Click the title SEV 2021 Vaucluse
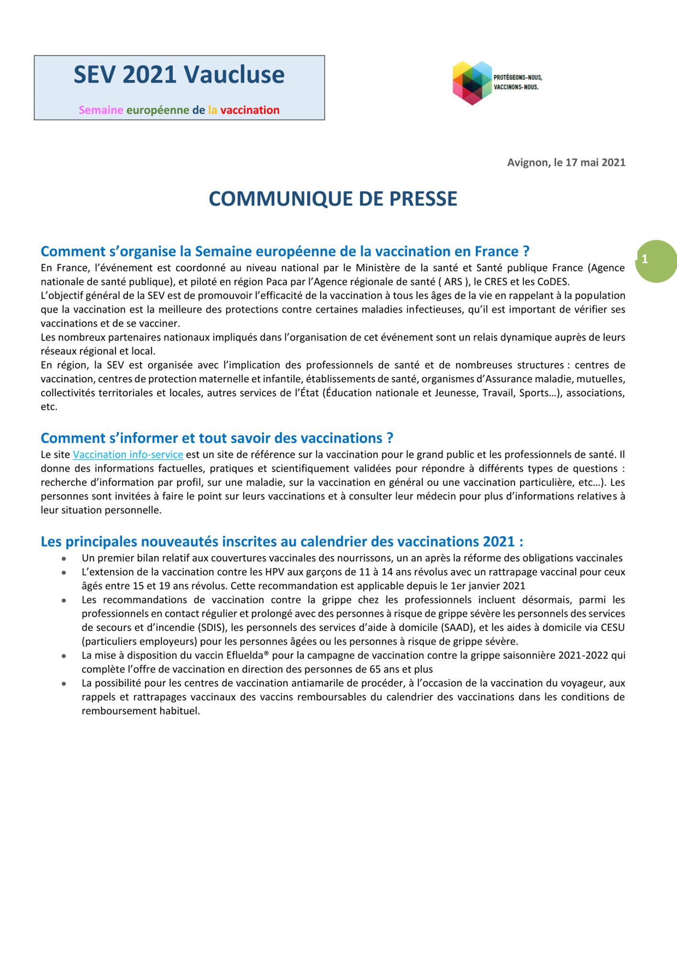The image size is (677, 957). [179, 75]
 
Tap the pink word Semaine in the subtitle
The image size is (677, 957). [101, 110]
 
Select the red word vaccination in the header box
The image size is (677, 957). [250, 110]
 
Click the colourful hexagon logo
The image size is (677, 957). [472, 83]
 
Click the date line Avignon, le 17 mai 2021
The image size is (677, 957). [566, 163]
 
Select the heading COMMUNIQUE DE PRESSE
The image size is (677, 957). [333, 199]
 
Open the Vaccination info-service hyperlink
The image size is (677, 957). [128, 455]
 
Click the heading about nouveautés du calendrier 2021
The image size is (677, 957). [282, 542]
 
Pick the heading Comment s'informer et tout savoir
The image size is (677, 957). [217, 438]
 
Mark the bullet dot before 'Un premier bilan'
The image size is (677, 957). [64, 558]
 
